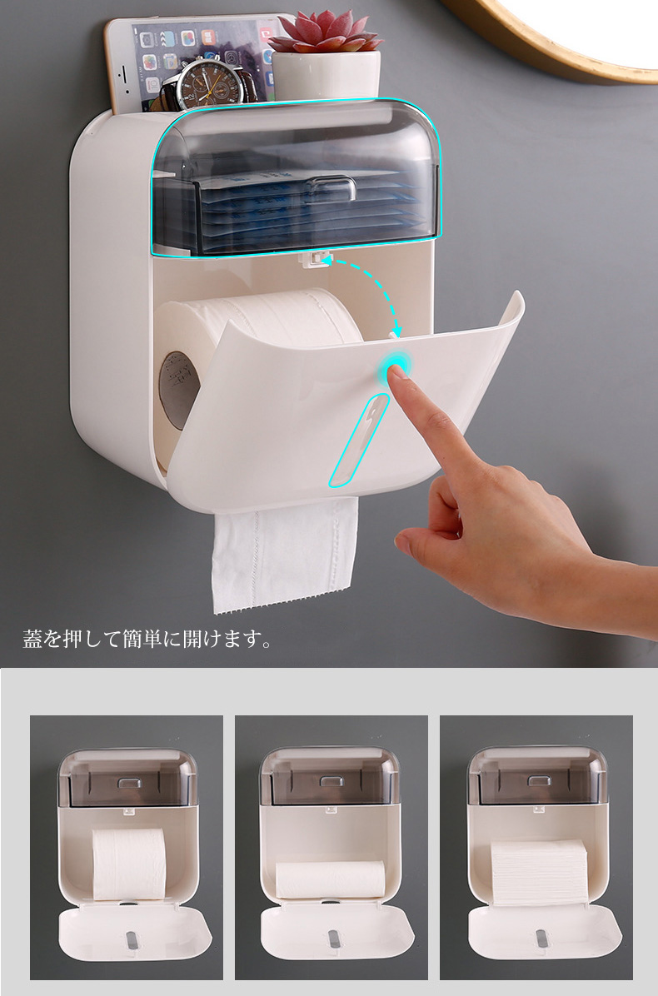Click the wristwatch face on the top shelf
(x=210, y=84)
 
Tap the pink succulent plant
(x=326, y=32)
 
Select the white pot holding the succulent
(x=327, y=76)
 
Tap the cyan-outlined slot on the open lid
(x=359, y=441)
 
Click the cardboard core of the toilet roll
(x=178, y=390)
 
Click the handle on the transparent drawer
(x=330, y=187)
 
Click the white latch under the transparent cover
(x=314, y=258)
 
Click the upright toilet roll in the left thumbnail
(x=130, y=864)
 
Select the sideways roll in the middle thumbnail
(x=331, y=879)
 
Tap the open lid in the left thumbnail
(x=135, y=934)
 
